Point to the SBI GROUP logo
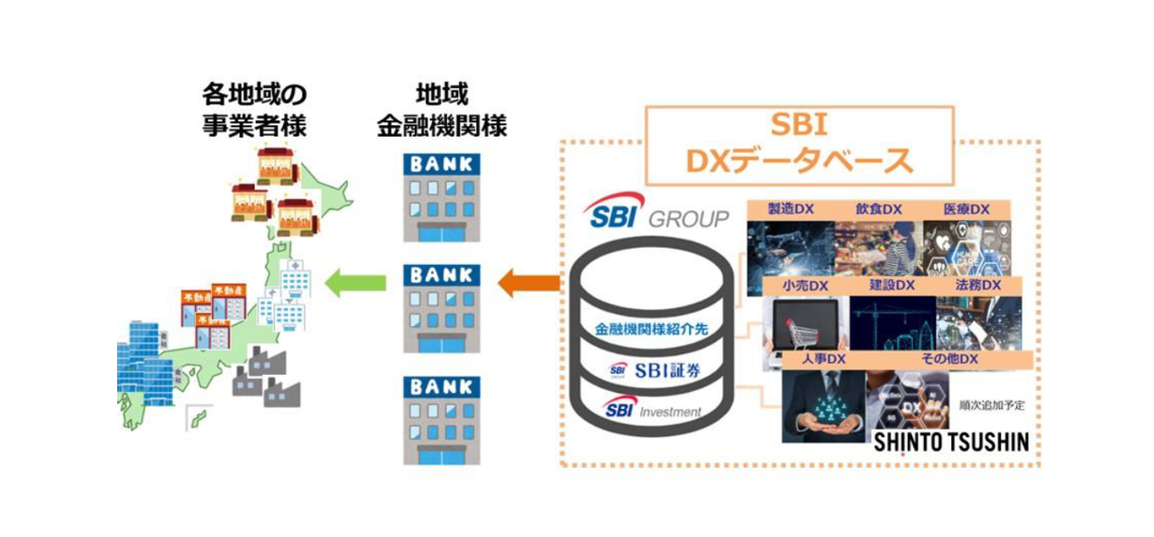[x=655, y=216]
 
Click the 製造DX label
[x=790, y=209]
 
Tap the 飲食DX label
[x=879, y=209]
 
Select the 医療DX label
[x=966, y=209]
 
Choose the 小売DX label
[x=805, y=286]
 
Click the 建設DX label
[x=893, y=286]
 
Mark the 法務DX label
[x=978, y=286]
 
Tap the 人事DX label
[x=823, y=360]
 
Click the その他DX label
[x=949, y=360]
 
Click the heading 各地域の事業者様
[x=254, y=110]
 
